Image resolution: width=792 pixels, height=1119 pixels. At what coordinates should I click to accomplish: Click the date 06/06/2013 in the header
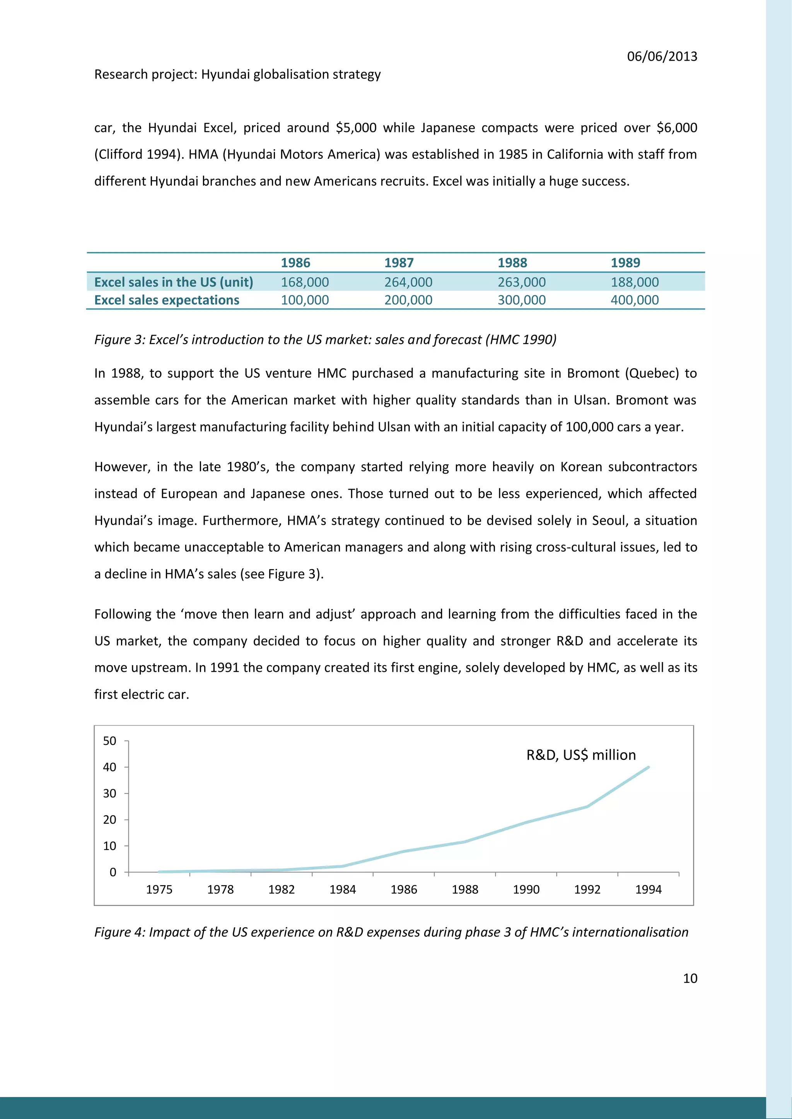click(662, 56)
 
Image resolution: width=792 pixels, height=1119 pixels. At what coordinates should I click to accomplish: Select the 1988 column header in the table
click(512, 263)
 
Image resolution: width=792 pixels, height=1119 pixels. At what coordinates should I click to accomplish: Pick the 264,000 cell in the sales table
click(408, 282)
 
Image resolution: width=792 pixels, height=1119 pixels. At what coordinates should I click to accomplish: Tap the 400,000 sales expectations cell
click(635, 300)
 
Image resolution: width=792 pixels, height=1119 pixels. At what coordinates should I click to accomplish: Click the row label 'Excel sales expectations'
click(167, 300)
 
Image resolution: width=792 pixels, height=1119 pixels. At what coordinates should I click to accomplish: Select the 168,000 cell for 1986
click(305, 282)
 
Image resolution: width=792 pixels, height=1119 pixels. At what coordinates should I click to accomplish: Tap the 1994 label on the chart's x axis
click(648, 889)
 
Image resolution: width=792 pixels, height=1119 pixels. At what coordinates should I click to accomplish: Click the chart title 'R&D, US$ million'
click(581, 755)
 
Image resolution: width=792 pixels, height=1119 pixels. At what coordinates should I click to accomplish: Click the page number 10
click(690, 978)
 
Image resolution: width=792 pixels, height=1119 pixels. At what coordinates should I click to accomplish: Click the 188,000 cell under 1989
click(635, 282)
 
